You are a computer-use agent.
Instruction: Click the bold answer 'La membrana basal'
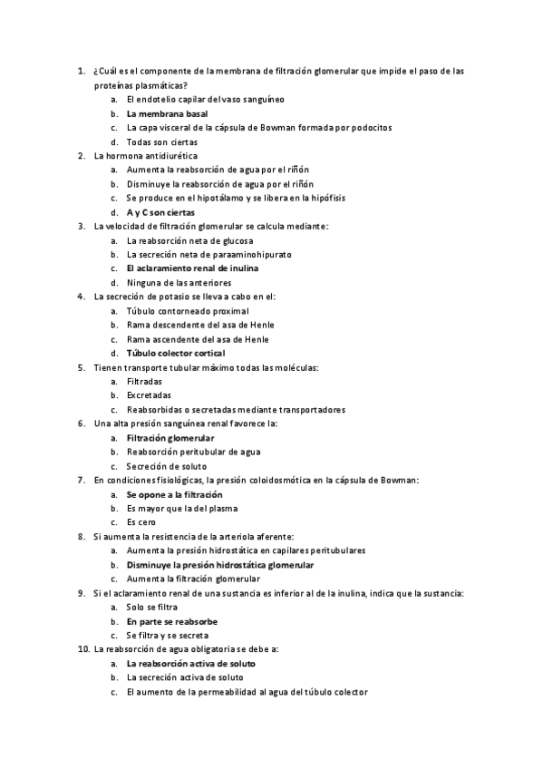[167, 113]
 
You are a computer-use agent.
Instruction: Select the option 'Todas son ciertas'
[162, 142]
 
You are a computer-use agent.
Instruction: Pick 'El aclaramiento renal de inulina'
[192, 268]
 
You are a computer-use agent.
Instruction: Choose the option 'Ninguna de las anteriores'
[179, 283]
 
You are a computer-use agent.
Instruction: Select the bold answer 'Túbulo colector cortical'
[176, 353]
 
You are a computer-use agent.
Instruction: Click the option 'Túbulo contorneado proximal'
[188, 311]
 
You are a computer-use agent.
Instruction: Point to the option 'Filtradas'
[145, 382]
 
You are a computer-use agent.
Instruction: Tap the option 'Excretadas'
[149, 395]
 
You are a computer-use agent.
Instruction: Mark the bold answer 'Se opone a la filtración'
[174, 494]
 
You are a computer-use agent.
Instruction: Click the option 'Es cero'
[142, 522]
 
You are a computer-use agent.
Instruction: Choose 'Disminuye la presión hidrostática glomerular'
[220, 565]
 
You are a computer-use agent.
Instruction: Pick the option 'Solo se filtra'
[152, 607]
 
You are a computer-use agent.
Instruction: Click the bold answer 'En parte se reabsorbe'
[171, 621]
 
